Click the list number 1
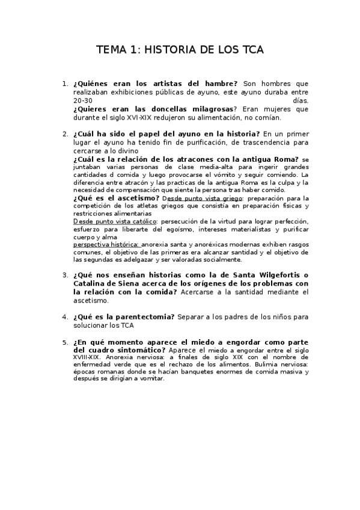tap(64, 84)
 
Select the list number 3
tap(64, 275)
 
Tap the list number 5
tap(64, 342)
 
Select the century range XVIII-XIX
tap(88, 356)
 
